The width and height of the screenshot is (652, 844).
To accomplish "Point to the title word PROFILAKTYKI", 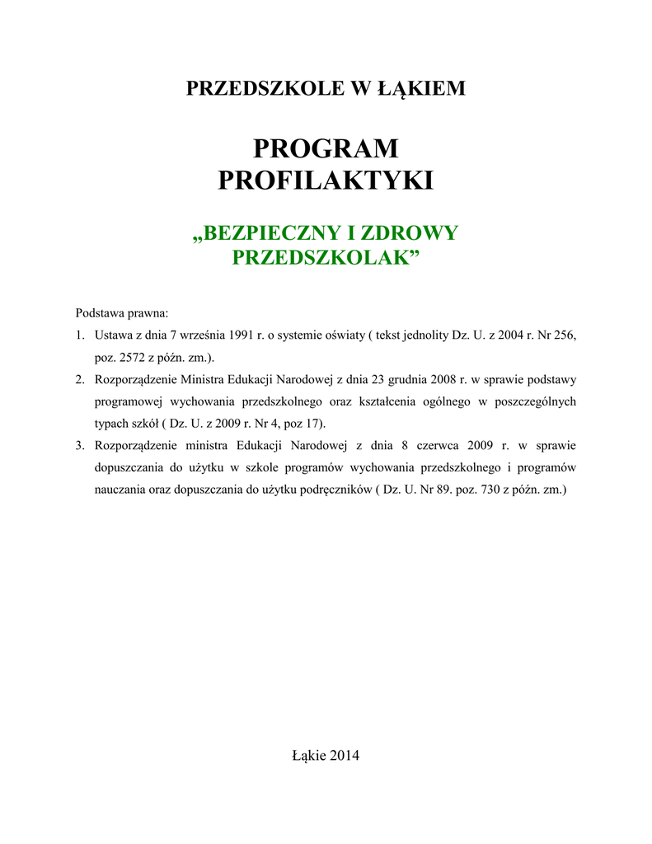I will coord(326,181).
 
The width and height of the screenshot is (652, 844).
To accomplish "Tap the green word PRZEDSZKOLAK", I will coord(321,258).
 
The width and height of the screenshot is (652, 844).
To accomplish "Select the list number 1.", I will coord(79,335).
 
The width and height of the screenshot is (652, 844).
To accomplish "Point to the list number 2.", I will coord(79,380).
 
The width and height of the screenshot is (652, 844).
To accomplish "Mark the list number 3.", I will coord(79,446).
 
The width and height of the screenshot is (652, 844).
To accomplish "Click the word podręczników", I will coord(332,490).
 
